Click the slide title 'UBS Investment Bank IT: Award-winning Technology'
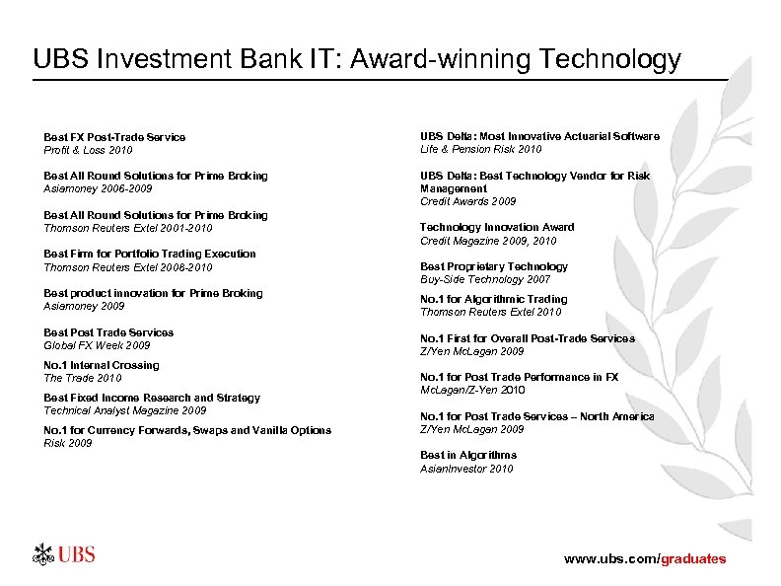(x=357, y=60)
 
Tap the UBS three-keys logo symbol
(x=41, y=554)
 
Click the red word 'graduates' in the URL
(x=692, y=558)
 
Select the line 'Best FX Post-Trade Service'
(x=114, y=137)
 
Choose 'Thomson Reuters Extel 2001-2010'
(x=128, y=228)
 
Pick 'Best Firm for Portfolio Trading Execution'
(x=150, y=254)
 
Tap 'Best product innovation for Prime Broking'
(x=153, y=293)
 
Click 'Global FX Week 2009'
(x=97, y=345)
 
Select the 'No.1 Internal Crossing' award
(x=101, y=365)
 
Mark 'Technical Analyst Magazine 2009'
(x=125, y=410)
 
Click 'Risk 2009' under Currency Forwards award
(x=68, y=443)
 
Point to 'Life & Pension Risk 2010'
(x=480, y=149)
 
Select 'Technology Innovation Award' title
(x=497, y=227)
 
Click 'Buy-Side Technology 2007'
(x=485, y=279)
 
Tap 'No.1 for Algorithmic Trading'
(x=493, y=299)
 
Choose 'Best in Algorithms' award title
(x=468, y=455)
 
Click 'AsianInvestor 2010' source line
(x=466, y=469)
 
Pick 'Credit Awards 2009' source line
(x=467, y=201)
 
